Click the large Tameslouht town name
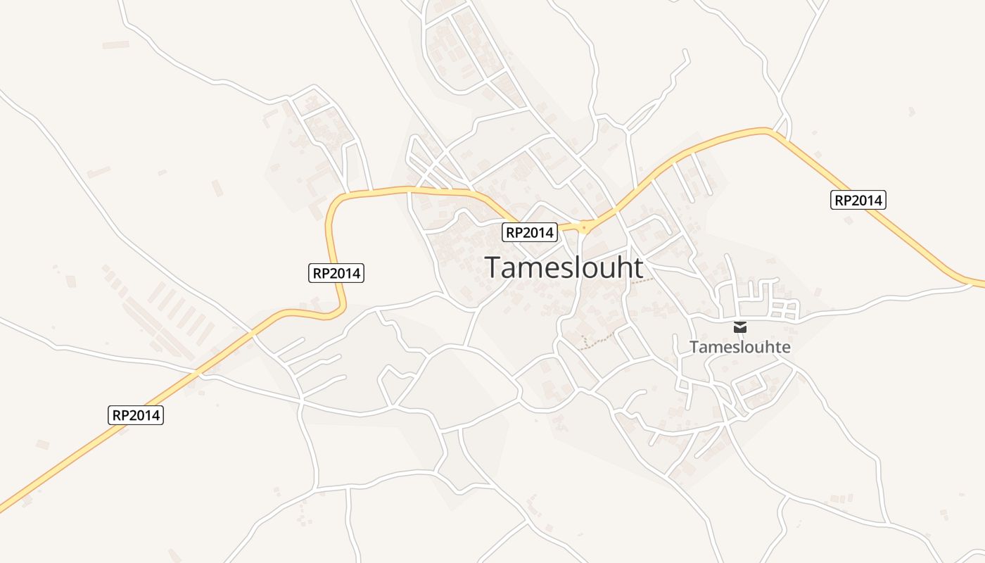tap(564, 267)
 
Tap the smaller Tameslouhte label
tap(740, 347)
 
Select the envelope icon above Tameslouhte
tap(740, 327)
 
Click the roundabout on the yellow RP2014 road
tap(583, 227)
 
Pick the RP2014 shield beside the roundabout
tap(530, 232)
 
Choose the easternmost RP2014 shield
tap(858, 200)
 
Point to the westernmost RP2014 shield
tap(136, 415)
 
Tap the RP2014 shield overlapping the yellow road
tap(336, 273)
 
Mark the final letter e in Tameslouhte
tap(786, 347)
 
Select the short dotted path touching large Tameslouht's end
tap(642, 281)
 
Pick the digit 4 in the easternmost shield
tap(877, 200)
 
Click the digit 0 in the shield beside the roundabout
tap(535, 232)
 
